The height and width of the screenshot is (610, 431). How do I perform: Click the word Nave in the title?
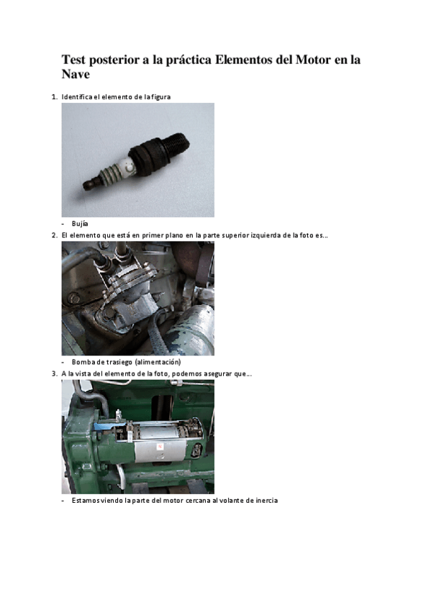coord(76,74)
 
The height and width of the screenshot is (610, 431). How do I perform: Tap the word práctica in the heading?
coord(189,60)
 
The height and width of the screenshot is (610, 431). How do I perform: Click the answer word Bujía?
coord(80,224)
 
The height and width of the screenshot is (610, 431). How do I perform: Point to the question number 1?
coord(54,97)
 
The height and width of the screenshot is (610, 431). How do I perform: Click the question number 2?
coord(54,235)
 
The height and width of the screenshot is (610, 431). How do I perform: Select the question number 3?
coord(54,374)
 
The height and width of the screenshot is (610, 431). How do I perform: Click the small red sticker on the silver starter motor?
coord(160,447)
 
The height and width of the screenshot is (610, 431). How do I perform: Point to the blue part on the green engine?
coord(104,427)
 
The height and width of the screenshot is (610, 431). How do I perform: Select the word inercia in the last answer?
coord(267,501)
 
